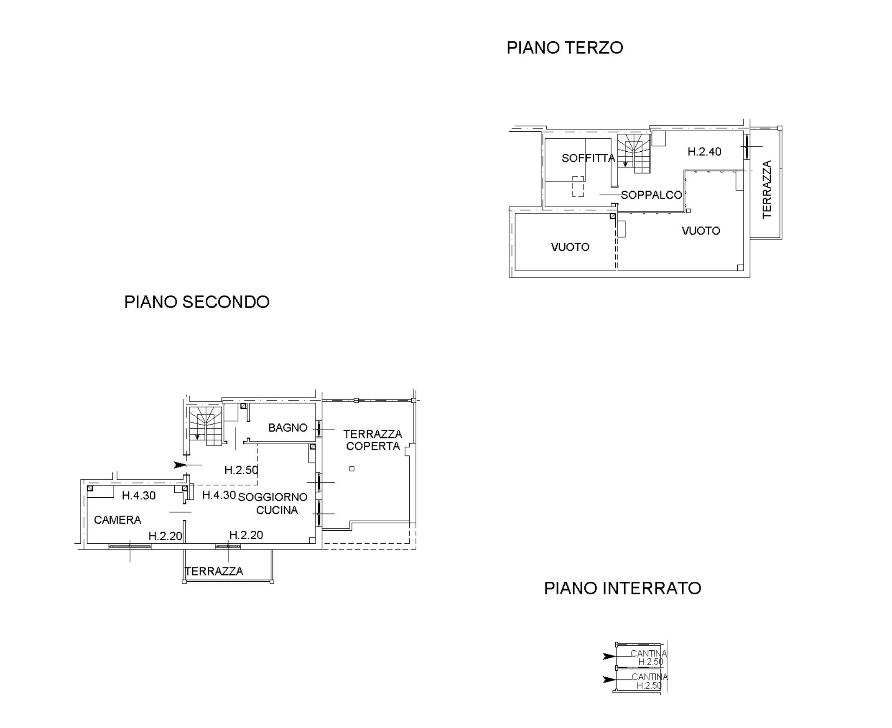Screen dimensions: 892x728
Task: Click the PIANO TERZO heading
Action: tap(564, 48)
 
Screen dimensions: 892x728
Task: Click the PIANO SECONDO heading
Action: tap(197, 302)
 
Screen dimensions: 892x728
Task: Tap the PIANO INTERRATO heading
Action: tap(622, 588)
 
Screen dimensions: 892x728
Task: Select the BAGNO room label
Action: tap(288, 428)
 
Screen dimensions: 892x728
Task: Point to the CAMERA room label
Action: tap(117, 520)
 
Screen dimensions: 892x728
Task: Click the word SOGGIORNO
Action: tap(273, 497)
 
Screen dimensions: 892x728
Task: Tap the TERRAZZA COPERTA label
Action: tap(373, 440)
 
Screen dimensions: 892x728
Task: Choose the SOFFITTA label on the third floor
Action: tap(589, 158)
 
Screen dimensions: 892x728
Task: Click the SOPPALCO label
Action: tap(651, 195)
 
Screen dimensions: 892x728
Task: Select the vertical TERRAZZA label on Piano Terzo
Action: tap(767, 189)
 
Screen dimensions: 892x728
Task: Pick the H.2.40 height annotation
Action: tap(705, 151)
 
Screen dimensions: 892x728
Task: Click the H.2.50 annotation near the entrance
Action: tap(241, 470)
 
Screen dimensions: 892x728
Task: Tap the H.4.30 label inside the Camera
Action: tap(139, 496)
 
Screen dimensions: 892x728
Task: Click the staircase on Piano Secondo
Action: tap(205, 426)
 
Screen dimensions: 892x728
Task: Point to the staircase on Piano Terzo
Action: tap(634, 153)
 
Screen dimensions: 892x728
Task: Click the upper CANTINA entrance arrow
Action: tap(609, 656)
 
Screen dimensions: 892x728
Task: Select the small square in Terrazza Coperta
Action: tap(352, 469)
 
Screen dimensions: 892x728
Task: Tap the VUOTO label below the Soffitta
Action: tap(570, 247)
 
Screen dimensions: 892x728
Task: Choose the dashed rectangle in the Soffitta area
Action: tap(578, 186)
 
